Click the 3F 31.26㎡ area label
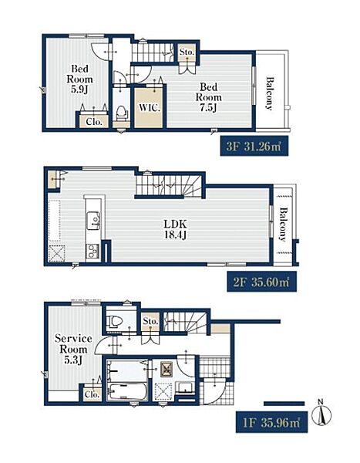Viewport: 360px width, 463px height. (x=254, y=146)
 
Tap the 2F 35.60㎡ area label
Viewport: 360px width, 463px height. (x=261, y=282)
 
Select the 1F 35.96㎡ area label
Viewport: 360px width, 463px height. (x=271, y=423)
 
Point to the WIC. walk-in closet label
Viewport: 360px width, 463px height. (x=149, y=107)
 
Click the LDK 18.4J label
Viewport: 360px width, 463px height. (x=175, y=229)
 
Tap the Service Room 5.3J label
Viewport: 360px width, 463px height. (x=73, y=349)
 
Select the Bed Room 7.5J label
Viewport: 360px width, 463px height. (x=208, y=97)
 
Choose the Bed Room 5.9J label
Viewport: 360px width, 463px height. (x=79, y=79)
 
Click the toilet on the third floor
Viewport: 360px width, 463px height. (x=121, y=113)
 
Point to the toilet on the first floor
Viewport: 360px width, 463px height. (x=116, y=321)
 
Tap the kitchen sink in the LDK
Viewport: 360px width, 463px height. (x=93, y=220)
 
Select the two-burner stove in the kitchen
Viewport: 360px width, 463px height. (x=93, y=252)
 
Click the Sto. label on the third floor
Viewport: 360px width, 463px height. (x=187, y=52)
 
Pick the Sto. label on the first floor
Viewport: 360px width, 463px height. (x=150, y=321)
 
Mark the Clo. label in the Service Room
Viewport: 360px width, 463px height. (x=92, y=394)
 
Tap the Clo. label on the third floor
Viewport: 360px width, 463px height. (x=94, y=122)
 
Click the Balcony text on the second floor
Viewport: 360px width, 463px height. (x=283, y=225)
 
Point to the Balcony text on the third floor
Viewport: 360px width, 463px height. (x=269, y=93)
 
